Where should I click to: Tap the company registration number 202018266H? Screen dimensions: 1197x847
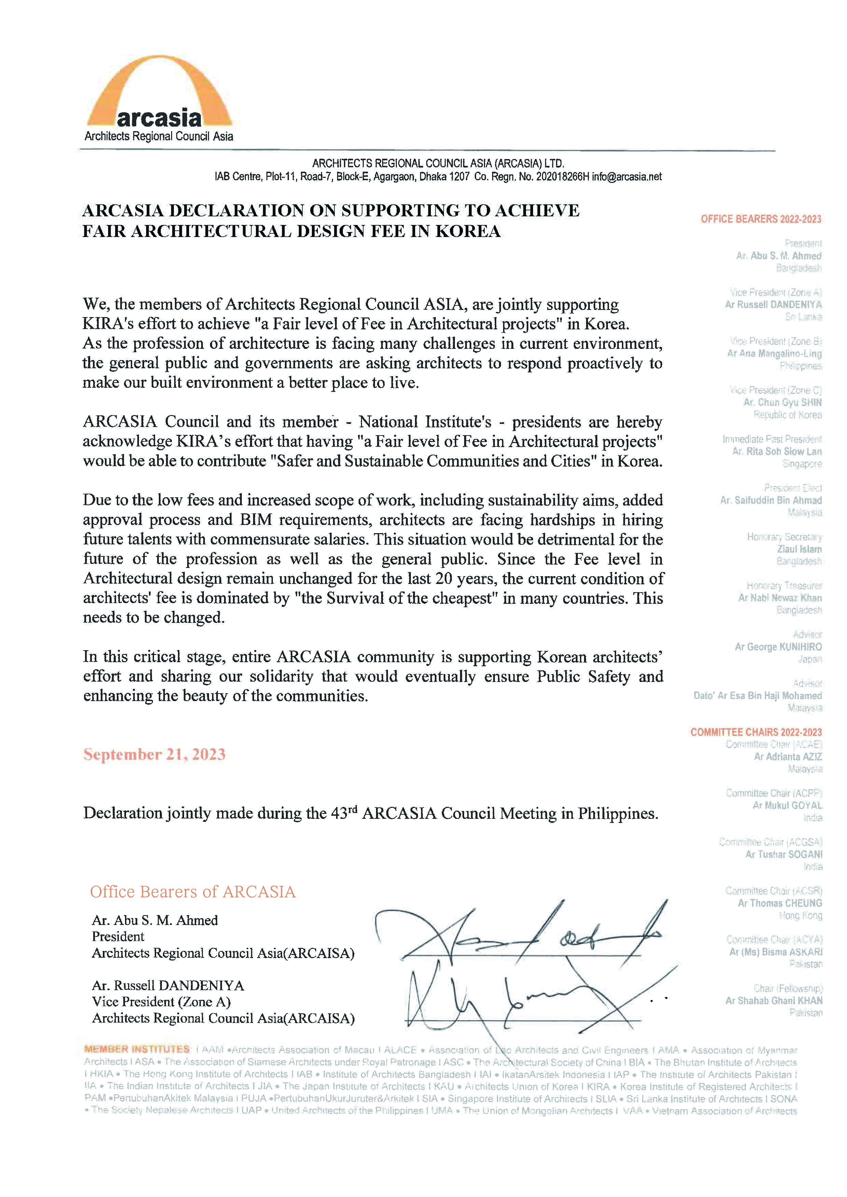(562, 177)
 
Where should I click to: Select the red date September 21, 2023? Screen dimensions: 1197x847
(154, 754)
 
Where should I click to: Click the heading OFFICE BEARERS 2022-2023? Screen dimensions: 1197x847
(761, 219)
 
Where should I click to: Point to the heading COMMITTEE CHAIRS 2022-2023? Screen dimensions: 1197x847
(756, 732)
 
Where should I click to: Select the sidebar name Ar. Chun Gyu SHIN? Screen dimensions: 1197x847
(782, 402)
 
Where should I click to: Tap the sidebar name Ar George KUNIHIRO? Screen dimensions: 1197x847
(778, 647)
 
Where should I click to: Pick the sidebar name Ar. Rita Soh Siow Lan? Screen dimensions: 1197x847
(777, 452)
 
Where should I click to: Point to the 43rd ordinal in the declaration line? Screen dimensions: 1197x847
(344, 813)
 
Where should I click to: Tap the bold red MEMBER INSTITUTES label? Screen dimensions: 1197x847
(137, 1049)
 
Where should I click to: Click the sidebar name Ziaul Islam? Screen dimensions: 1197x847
(799, 549)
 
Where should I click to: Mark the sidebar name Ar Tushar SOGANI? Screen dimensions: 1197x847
(783, 854)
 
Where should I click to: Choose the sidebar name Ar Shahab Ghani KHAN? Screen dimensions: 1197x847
(774, 1001)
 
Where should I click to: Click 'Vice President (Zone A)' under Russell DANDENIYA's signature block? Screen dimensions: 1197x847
(161, 1001)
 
